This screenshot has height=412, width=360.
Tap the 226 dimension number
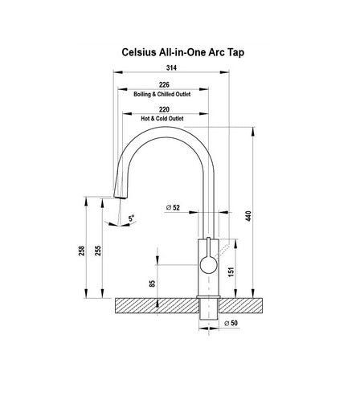(x=163, y=84)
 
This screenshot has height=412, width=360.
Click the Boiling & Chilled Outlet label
(x=163, y=93)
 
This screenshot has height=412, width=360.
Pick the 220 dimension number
(x=164, y=110)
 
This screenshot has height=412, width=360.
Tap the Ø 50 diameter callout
(x=229, y=324)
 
